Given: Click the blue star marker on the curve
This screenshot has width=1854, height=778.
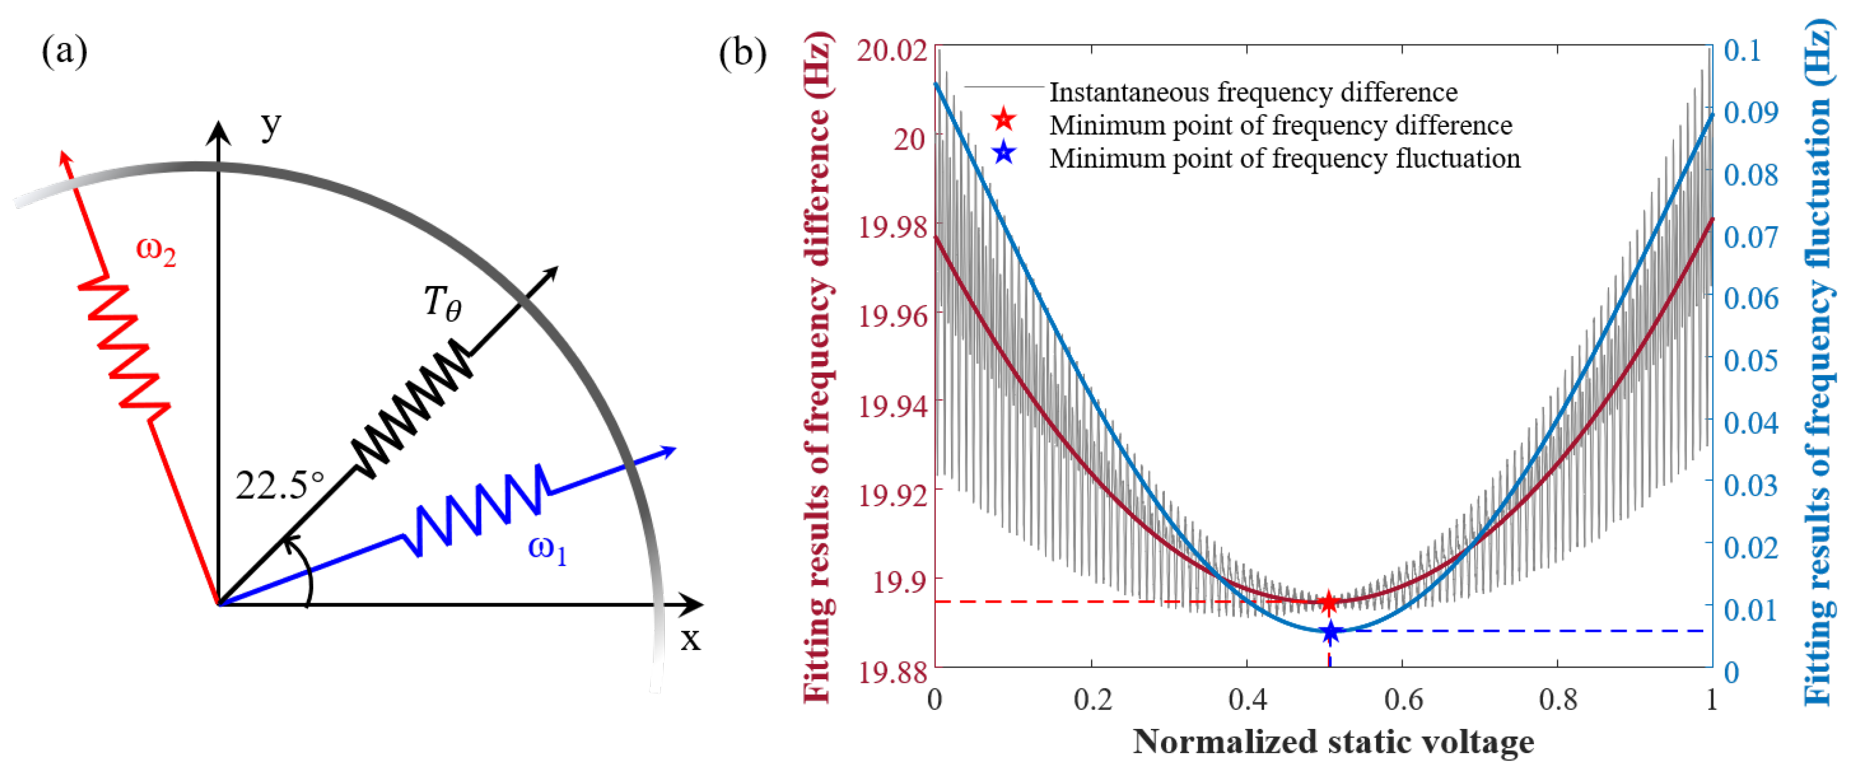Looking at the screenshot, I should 1330,632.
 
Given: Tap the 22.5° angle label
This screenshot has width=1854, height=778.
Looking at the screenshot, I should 279,486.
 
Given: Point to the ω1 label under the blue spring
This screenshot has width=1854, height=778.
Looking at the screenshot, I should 547,550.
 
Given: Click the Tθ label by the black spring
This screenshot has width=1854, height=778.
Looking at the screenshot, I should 442,302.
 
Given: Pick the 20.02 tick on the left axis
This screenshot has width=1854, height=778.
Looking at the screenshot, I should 891,50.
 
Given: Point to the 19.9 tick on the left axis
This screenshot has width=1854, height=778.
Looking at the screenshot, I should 899,580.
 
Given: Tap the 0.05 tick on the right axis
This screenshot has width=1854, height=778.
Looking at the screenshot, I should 1750,360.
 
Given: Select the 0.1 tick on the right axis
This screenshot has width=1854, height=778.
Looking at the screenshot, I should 1742,50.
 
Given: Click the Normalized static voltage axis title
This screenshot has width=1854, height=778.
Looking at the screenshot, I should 1333,741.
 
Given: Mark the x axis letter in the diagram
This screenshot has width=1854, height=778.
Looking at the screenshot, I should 690,639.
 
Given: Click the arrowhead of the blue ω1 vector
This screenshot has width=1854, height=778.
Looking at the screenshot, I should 669,451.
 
